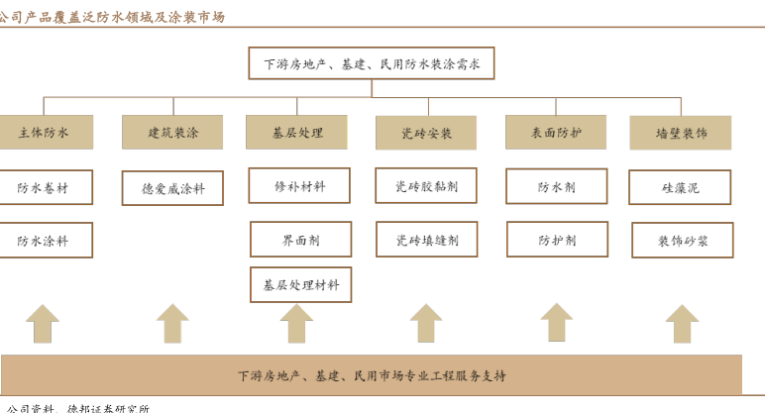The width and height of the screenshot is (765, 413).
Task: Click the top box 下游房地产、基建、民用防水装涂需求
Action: (371, 64)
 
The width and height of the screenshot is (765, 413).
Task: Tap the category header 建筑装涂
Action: (172, 132)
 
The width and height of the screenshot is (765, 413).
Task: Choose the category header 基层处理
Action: (298, 132)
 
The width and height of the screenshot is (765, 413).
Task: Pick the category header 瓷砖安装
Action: (426, 133)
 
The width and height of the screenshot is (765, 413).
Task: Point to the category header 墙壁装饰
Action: (681, 133)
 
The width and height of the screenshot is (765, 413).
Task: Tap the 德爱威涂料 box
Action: (172, 187)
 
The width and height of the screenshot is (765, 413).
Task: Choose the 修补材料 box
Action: (299, 185)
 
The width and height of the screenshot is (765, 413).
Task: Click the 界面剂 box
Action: (299, 239)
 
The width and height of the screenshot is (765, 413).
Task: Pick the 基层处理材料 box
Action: (300, 284)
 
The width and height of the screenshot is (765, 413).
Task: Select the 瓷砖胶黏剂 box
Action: (426, 185)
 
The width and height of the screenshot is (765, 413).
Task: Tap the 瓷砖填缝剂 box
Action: (426, 239)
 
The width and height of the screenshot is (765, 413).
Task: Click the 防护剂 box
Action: (557, 239)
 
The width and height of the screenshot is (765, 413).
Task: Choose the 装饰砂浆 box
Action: (682, 240)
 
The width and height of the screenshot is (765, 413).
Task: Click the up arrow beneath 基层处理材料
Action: (296, 324)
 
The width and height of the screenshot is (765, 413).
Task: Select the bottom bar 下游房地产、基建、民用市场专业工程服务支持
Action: (371, 375)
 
